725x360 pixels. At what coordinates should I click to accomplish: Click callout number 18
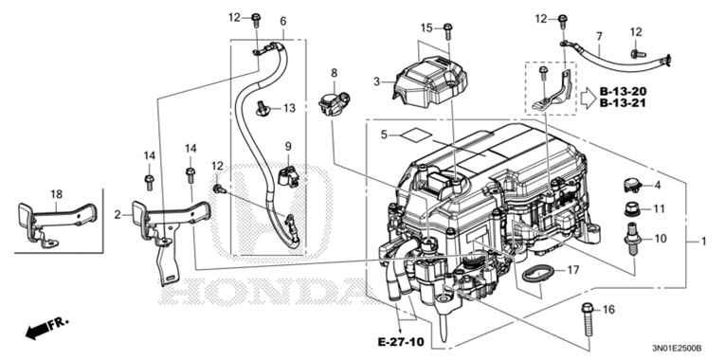55,192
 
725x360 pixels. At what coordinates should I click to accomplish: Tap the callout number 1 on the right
703,242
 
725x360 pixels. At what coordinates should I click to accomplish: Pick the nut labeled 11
626,208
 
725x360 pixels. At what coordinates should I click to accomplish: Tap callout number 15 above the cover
426,27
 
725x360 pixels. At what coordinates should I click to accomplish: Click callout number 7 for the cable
599,36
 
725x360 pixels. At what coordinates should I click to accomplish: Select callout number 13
289,108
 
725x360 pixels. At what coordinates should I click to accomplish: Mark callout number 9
289,146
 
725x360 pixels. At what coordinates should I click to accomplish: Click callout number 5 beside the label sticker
384,135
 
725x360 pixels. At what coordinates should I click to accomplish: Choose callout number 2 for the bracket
118,215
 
